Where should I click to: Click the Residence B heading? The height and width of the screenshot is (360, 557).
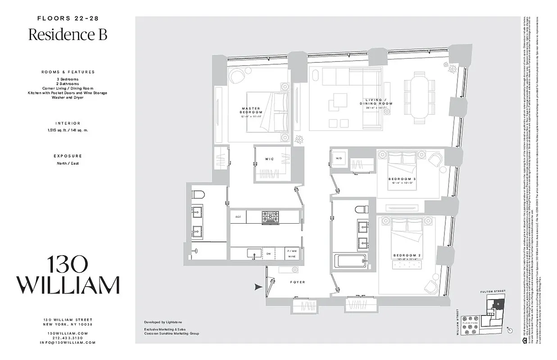(68, 35)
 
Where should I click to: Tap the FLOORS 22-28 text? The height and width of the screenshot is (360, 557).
(68, 18)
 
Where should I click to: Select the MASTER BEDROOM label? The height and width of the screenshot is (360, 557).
(251, 110)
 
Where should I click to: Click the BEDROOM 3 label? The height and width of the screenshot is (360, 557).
(402, 179)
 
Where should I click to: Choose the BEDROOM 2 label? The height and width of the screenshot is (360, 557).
(407, 256)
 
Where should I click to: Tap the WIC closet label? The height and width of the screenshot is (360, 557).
(269, 159)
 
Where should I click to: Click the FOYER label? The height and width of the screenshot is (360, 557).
(297, 282)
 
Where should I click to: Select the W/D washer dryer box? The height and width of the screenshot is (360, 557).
(339, 158)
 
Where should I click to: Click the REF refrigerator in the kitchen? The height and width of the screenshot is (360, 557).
(238, 217)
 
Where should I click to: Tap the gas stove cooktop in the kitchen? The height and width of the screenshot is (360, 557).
(271, 216)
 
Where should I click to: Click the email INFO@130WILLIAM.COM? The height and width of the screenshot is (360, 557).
(68, 342)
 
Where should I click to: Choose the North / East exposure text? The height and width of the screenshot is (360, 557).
(68, 163)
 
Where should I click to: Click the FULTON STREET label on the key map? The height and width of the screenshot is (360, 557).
(493, 291)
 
